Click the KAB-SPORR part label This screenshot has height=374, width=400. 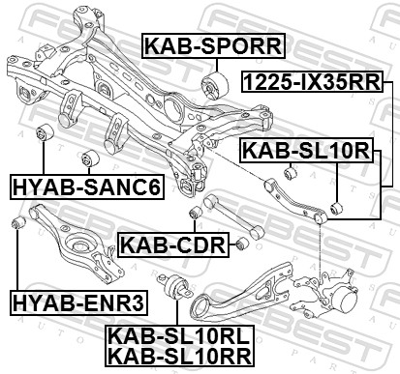pos(213,45)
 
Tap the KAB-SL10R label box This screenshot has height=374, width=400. pos(306,150)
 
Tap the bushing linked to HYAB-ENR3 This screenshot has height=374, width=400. pos(15,224)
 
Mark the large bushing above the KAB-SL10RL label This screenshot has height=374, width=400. pos(179,289)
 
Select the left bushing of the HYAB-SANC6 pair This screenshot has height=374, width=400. pos(44,132)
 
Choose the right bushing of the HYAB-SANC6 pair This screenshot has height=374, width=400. pos(93,156)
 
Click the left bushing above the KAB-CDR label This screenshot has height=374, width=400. pos(196,210)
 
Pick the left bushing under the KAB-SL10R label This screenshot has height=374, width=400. pos(287,172)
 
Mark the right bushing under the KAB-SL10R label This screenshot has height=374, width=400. pos(334,207)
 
